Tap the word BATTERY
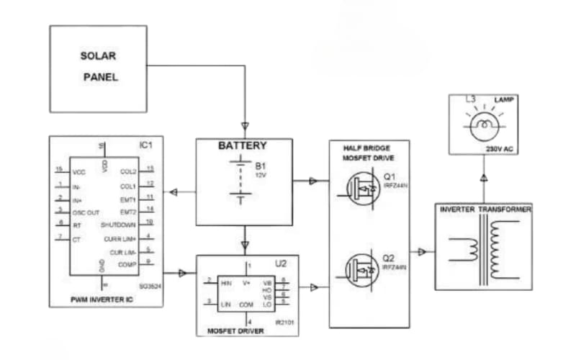pos(243,145)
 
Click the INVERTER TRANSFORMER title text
pos(485,210)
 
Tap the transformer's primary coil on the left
pos(464,249)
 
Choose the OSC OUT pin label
pos(86,212)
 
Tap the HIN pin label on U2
pos(226,283)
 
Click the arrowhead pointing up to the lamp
pos(484,176)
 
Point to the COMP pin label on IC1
pos(127,264)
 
